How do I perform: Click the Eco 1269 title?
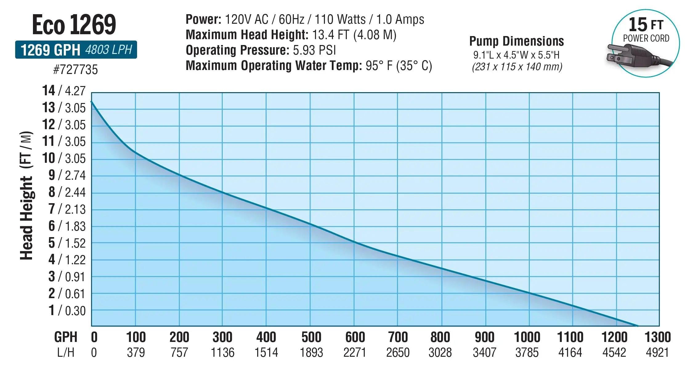pos(74,25)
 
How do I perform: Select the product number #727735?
pos(75,70)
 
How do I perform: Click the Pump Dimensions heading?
pos(517,41)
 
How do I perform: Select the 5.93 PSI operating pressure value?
pos(314,50)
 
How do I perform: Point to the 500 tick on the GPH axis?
pos(311,337)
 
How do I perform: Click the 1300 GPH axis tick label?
pos(658,337)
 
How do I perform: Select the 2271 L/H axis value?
pos(355,352)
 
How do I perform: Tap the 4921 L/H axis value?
pos(657,352)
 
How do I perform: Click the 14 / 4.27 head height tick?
pos(64,91)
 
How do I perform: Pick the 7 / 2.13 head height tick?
pos(67,209)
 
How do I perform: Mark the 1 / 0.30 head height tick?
pos(67,311)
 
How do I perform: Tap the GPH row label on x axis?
pos(66,337)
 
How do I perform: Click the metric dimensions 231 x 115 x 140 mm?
pos(517,67)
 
